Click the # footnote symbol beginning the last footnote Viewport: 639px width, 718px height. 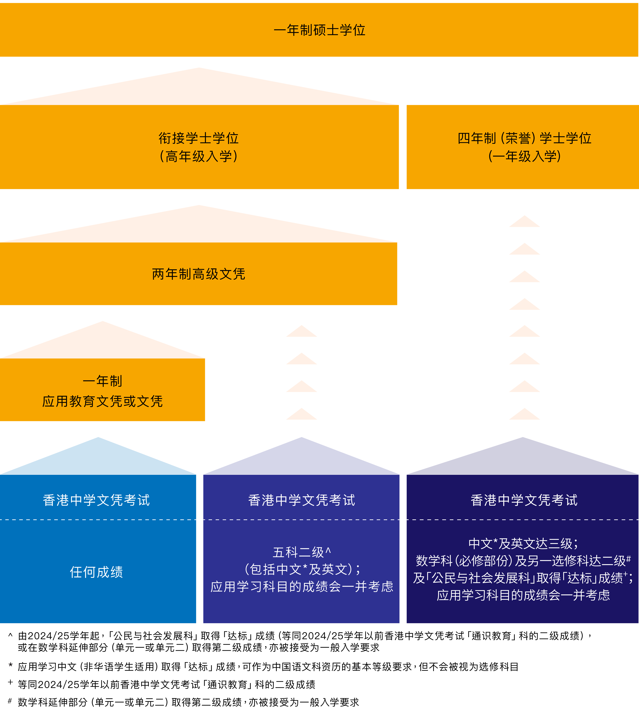[10, 701]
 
